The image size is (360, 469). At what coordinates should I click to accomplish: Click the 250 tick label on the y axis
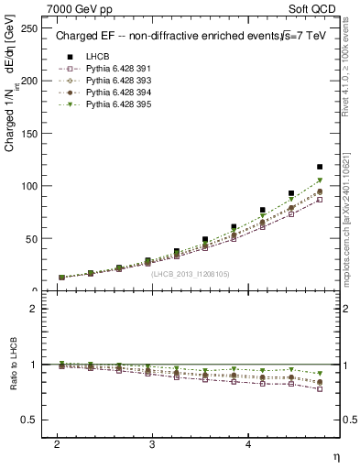[29, 28]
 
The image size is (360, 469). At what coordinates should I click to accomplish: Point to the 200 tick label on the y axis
[29, 81]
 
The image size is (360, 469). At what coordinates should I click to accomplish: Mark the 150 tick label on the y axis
[29, 134]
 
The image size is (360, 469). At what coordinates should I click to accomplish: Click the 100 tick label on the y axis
[29, 186]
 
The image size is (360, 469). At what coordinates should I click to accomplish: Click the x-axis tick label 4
[248, 443]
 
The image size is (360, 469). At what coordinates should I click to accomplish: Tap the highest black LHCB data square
[320, 167]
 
